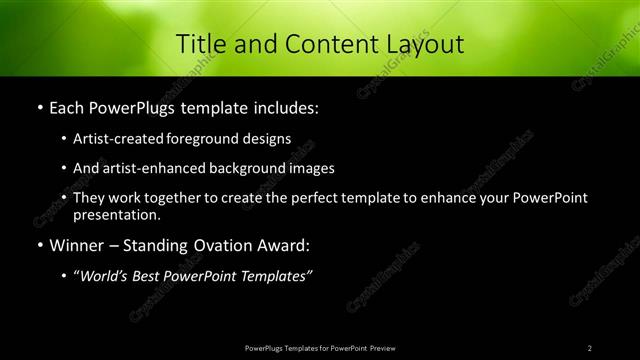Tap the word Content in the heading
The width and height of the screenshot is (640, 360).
coord(320,44)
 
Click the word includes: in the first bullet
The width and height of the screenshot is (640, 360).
coord(283,106)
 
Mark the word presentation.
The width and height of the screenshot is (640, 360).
coord(116,214)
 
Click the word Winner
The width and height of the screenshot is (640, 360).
coord(77,244)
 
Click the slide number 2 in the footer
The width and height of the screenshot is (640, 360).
coord(590,347)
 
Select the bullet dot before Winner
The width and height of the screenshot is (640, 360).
coord(39,245)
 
